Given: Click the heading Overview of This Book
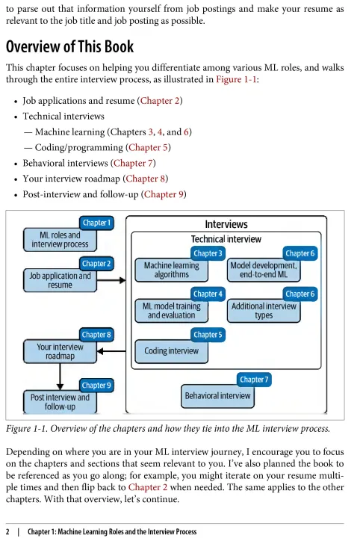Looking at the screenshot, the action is point(69,46).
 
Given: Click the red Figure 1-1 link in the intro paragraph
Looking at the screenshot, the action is point(236,80).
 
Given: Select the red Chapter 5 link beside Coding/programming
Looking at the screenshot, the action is point(148,147).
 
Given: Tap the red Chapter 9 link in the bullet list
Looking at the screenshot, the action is point(164,194).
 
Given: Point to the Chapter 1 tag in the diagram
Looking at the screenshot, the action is point(96,223).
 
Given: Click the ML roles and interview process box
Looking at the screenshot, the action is point(60,240).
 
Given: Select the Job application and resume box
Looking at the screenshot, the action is point(60,281).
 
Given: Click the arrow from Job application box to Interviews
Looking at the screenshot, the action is point(111,281).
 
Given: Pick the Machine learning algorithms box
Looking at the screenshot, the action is point(172,270).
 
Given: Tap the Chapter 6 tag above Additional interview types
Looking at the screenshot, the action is point(300,294).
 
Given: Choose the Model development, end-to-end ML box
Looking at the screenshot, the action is point(264,270).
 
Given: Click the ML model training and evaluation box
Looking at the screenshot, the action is point(172,311).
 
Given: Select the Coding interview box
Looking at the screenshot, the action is point(172,351).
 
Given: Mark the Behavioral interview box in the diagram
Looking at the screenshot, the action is point(217,396).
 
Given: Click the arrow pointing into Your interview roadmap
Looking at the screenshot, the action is point(111,351).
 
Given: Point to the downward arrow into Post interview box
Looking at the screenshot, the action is point(60,377).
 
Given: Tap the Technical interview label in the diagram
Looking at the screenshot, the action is point(226,239).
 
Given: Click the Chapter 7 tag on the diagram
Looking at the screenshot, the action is point(254,380).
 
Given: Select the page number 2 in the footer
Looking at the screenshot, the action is point(8,532).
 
